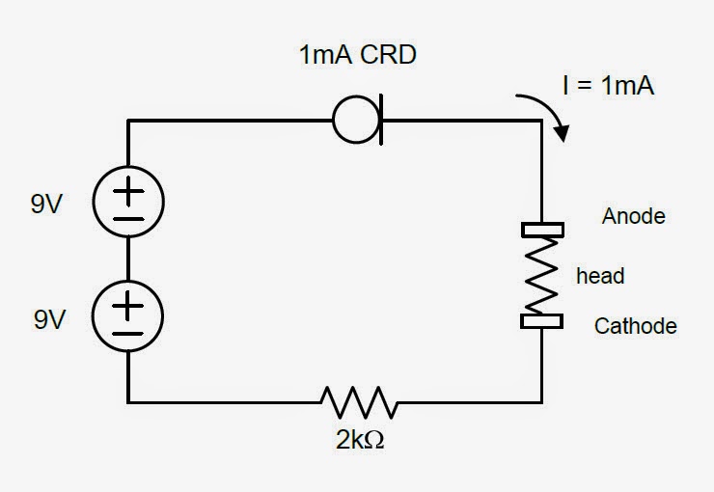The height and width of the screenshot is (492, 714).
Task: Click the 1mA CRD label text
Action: (358, 55)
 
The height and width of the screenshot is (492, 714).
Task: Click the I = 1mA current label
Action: (608, 86)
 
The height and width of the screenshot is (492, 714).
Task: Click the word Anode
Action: (633, 216)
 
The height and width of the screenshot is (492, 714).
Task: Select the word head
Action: (600, 277)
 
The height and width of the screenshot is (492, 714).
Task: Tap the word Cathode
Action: (635, 326)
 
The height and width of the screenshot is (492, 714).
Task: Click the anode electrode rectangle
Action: (541, 231)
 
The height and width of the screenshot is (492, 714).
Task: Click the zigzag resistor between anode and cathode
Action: (541, 276)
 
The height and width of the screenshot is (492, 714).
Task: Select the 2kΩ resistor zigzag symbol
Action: (358, 401)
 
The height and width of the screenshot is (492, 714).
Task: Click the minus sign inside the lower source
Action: (128, 334)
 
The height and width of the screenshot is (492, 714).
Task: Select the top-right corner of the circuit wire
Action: (541, 121)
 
